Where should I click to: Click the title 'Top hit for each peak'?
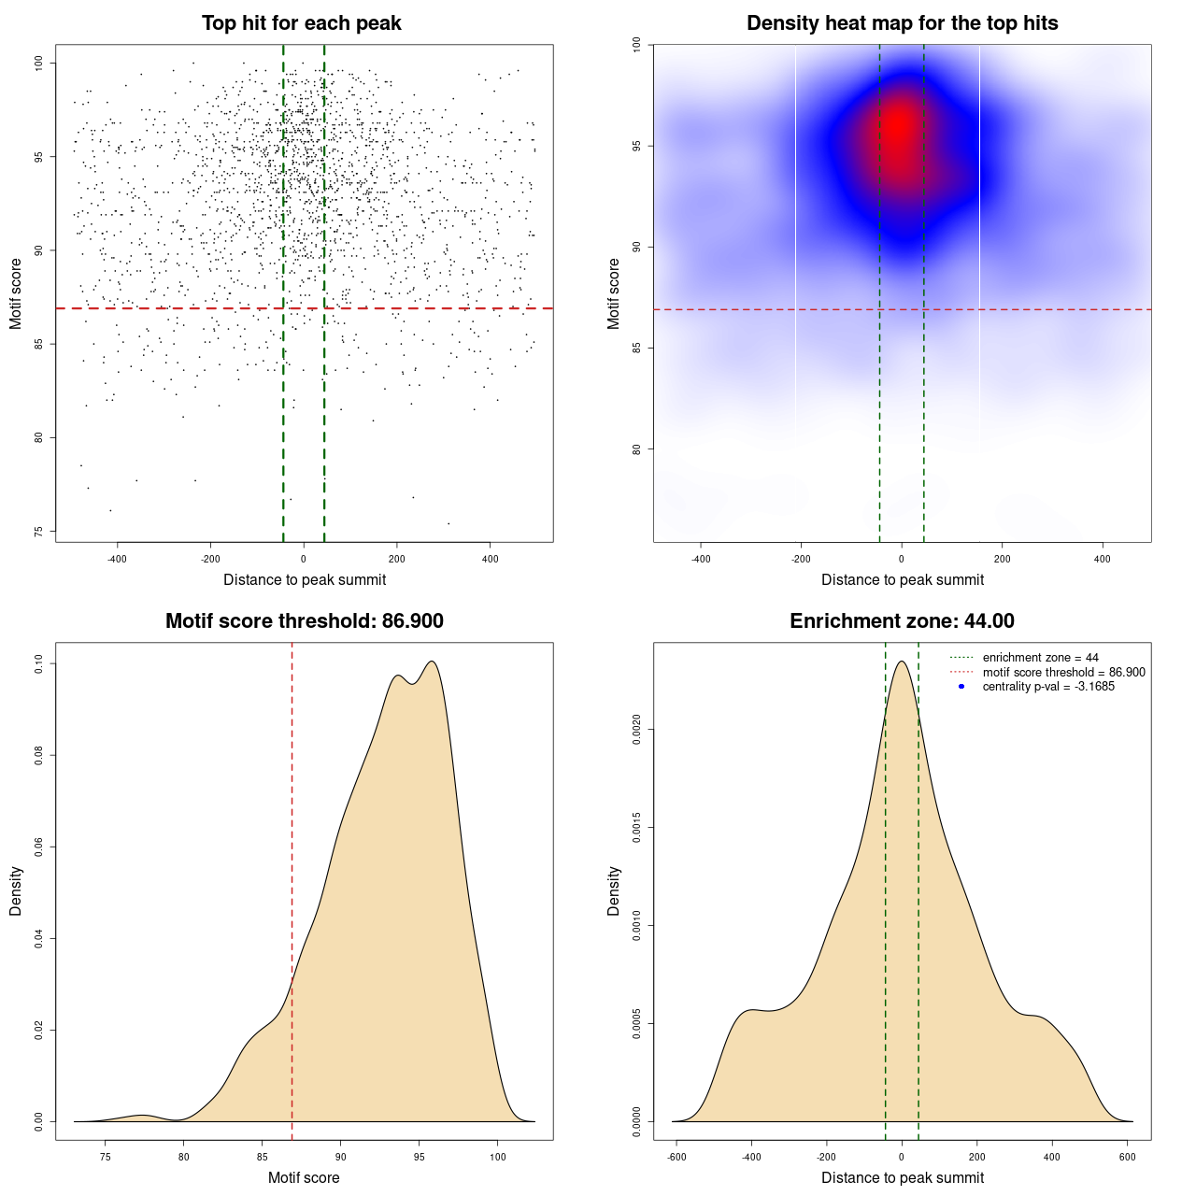pos(301,23)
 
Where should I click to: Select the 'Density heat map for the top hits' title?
pos(902,23)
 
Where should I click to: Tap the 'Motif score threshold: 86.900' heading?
pos(304,621)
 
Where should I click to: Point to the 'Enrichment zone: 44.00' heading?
pos(902,621)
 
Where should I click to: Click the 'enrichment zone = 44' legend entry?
pos(1040,658)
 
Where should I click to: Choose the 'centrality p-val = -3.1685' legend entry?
pos(1048,687)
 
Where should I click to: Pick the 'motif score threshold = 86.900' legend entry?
pos(1063,673)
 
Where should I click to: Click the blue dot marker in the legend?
pos(961,687)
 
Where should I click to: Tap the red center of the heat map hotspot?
pos(898,126)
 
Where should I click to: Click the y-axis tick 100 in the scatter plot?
pos(39,63)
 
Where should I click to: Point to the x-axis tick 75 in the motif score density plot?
pos(106,1157)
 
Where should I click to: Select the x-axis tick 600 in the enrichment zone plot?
pos(1127,1157)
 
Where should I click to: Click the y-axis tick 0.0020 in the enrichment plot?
pos(637,730)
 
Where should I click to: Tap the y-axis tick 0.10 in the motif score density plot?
pos(39,664)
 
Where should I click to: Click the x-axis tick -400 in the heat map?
pos(700,559)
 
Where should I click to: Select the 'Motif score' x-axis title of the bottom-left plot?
pos(304,1177)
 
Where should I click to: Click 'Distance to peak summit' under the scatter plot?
pos(305,579)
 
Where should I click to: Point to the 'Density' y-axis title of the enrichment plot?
pos(614,890)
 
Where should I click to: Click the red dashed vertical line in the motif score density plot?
pos(292,888)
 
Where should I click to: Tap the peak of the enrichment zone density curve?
pos(902,662)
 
